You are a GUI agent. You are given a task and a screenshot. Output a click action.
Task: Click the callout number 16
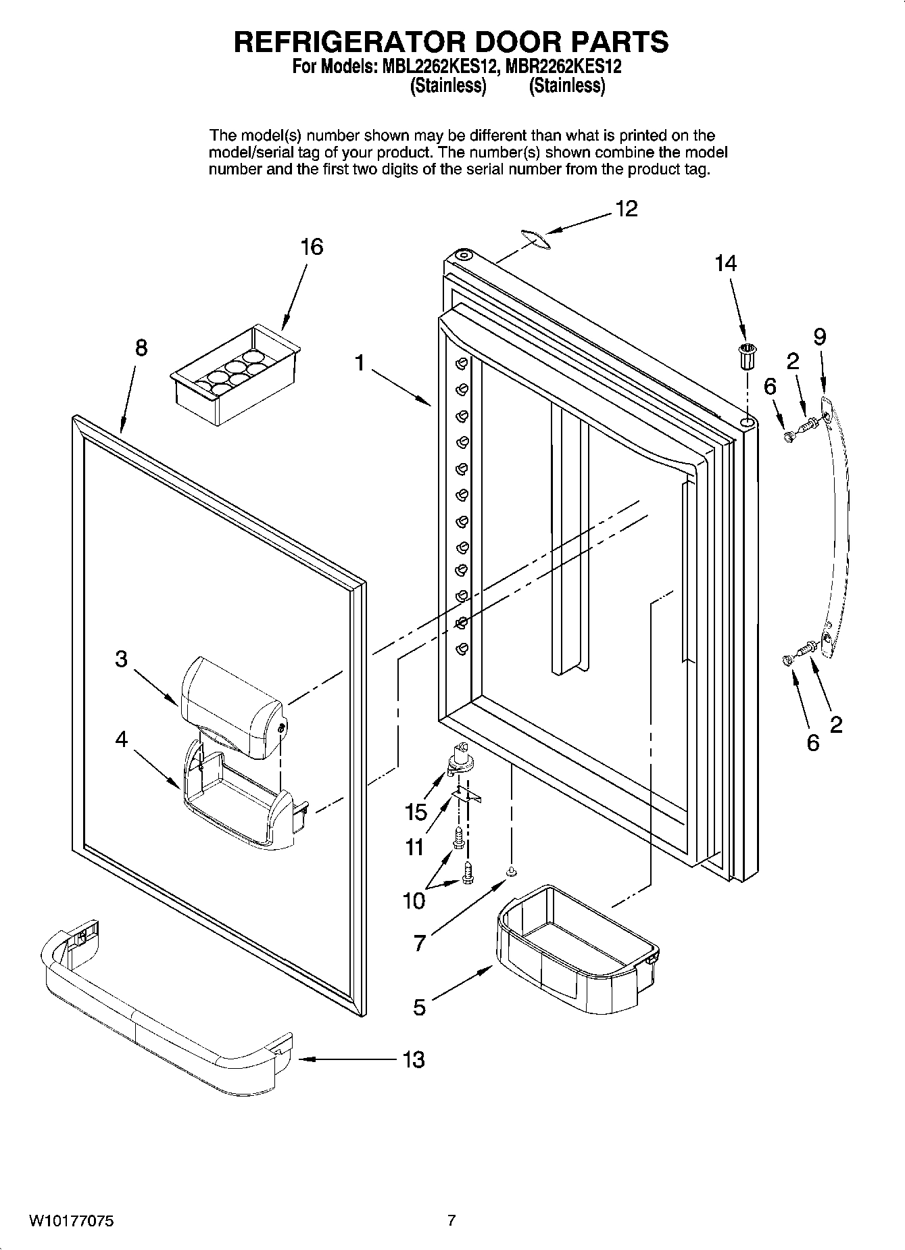coord(312,247)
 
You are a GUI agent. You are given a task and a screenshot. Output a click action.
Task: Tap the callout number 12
coord(626,209)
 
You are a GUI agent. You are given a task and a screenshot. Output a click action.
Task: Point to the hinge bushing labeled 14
coord(747,356)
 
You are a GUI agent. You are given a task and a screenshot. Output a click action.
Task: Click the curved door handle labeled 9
coord(837,527)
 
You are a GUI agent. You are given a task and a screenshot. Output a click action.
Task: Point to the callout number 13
coord(413,1059)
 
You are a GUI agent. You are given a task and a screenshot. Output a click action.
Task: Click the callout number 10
coord(414,900)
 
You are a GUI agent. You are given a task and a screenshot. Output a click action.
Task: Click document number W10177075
coord(71,1221)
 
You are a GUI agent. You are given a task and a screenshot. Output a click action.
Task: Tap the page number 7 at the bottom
coord(451,1220)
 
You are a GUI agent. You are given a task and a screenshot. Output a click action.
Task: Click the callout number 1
coord(360,364)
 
